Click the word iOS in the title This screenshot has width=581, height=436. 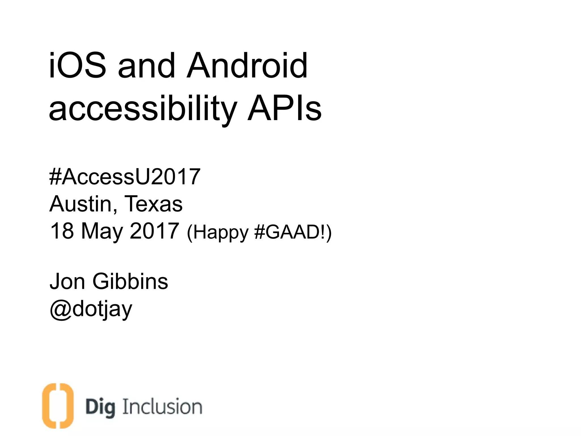(77, 66)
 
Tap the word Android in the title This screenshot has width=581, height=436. (247, 66)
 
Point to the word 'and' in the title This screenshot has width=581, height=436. (146, 66)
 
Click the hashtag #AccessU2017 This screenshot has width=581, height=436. (125, 177)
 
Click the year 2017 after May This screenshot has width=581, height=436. (154, 230)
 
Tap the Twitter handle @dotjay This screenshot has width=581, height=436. (91, 309)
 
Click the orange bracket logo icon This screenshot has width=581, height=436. (58, 406)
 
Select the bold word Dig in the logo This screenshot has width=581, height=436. (100, 407)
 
